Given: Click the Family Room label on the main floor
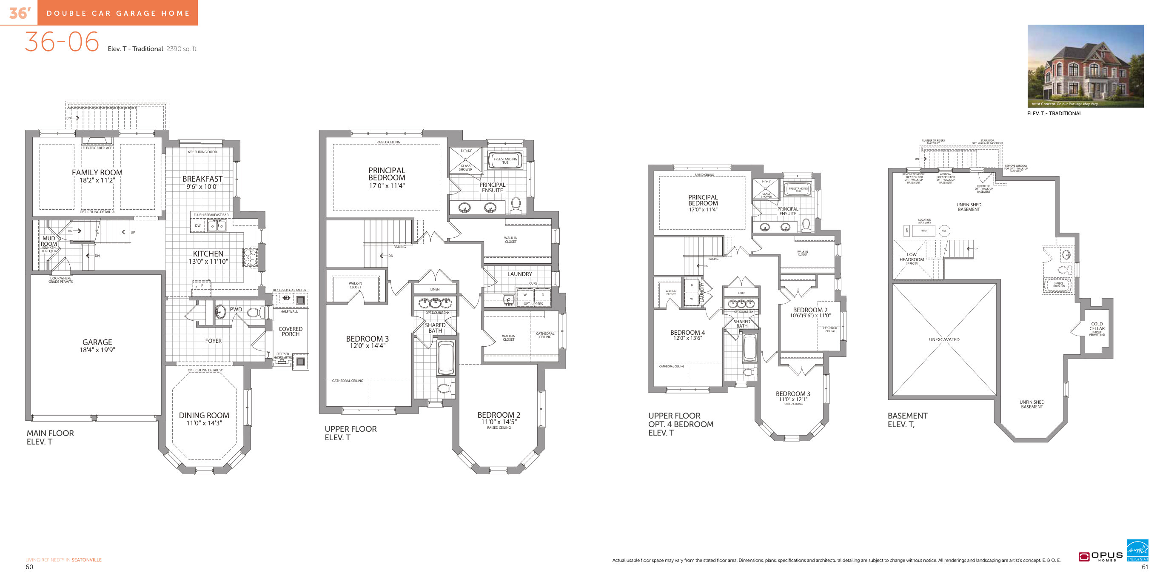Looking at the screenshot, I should (97, 172).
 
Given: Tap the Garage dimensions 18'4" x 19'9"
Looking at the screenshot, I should (97, 350).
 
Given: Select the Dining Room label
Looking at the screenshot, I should (204, 415).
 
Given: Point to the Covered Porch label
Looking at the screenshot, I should (290, 331).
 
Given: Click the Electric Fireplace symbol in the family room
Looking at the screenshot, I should (97, 141).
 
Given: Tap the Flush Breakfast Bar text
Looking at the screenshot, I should (211, 215).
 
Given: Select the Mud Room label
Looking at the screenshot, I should (49, 241).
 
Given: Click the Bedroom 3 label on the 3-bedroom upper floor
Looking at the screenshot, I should (367, 339).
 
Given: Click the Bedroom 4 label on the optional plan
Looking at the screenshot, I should (687, 333).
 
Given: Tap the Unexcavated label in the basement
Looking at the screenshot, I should (944, 339).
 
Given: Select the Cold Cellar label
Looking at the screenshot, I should (1097, 326).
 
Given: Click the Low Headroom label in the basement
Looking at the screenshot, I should (912, 257).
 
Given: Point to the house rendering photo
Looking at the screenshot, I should (1085, 66).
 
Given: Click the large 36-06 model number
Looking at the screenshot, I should (62, 42).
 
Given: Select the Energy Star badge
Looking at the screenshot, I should (1137, 550).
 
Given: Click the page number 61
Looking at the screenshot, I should (1145, 567).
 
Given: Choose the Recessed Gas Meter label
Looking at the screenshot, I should (289, 290).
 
